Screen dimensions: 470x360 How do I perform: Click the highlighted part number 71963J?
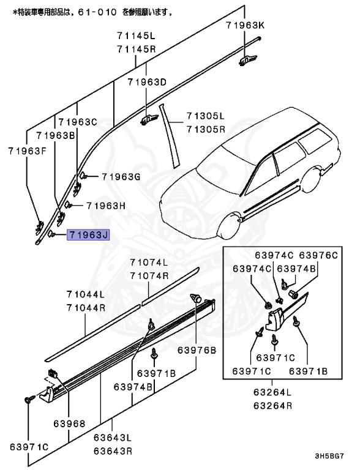pyautogui.click(x=89, y=234)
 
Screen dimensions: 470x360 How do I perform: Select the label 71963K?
pyautogui.click(x=245, y=25)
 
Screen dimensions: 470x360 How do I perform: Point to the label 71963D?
pyautogui.click(x=147, y=82)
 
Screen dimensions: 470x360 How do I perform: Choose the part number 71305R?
pyautogui.click(x=206, y=129)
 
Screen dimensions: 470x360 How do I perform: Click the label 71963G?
pyautogui.click(x=121, y=177)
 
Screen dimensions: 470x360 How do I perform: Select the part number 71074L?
pyautogui.click(x=149, y=263)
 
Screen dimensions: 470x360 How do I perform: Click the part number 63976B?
pyautogui.click(x=197, y=350)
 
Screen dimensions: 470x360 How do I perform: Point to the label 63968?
pyautogui.click(x=68, y=423)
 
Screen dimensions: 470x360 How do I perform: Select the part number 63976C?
pyautogui.click(x=318, y=255)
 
